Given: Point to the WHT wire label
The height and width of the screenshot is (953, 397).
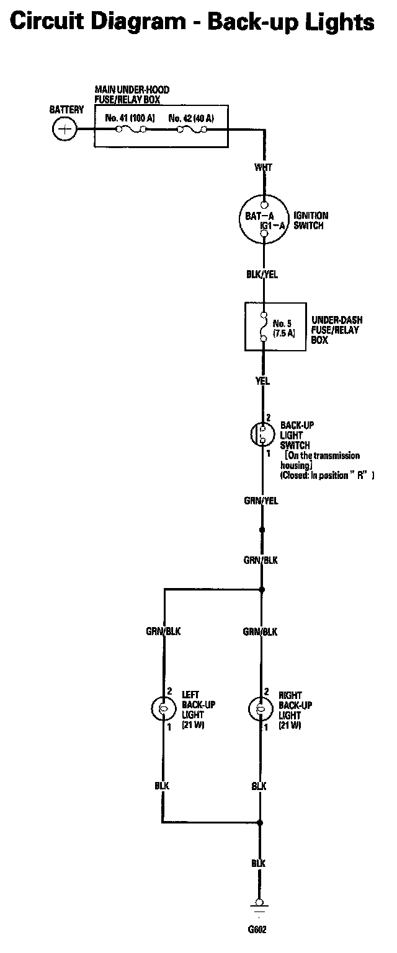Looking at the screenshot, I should [264, 168].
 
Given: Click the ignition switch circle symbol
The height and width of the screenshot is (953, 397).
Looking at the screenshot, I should [264, 220].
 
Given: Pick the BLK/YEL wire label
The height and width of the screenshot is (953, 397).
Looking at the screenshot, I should [263, 274].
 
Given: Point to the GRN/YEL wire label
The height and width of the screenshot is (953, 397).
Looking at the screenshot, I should [261, 501].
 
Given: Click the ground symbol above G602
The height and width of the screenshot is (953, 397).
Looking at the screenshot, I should [259, 906].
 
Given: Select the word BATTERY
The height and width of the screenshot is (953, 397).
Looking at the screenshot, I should [66, 110].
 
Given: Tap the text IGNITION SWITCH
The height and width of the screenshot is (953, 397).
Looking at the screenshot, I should [311, 221].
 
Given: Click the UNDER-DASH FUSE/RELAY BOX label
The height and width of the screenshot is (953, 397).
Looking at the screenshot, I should [337, 330].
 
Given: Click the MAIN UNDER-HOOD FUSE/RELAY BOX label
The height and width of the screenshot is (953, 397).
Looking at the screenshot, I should [132, 94].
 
